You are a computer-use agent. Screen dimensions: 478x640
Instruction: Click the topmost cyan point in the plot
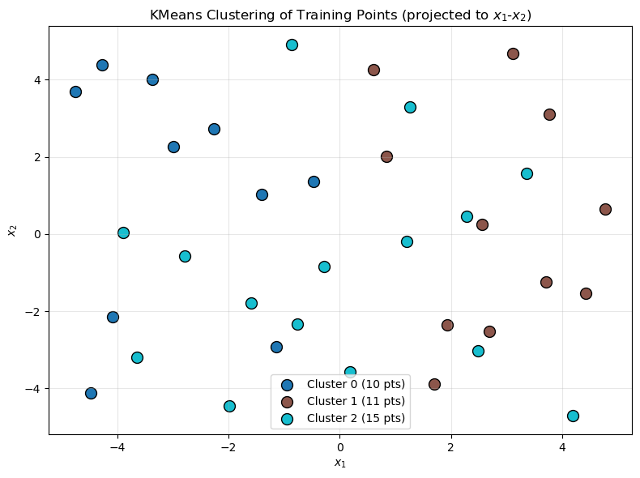coord(292,45)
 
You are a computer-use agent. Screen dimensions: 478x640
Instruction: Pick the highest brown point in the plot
coord(513,53)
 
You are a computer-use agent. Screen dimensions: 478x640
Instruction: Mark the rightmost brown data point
coord(605,209)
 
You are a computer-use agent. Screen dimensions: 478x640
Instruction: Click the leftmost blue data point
coord(75,92)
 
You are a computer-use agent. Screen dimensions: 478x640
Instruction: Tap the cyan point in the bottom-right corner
coord(573,416)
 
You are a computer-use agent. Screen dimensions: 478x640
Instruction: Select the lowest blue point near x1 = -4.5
coord(91,393)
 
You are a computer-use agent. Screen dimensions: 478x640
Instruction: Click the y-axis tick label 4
coord(37,80)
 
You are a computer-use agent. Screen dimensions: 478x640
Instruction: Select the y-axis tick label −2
coord(34,312)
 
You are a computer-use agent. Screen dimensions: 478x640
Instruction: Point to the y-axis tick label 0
coord(37,235)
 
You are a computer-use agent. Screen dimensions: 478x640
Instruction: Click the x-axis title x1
coord(339,463)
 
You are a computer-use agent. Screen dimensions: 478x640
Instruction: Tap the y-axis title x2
coord(12,231)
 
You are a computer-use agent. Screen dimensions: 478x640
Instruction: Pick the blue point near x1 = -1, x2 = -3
coord(276,347)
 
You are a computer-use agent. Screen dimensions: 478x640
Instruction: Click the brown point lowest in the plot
coord(434,384)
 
